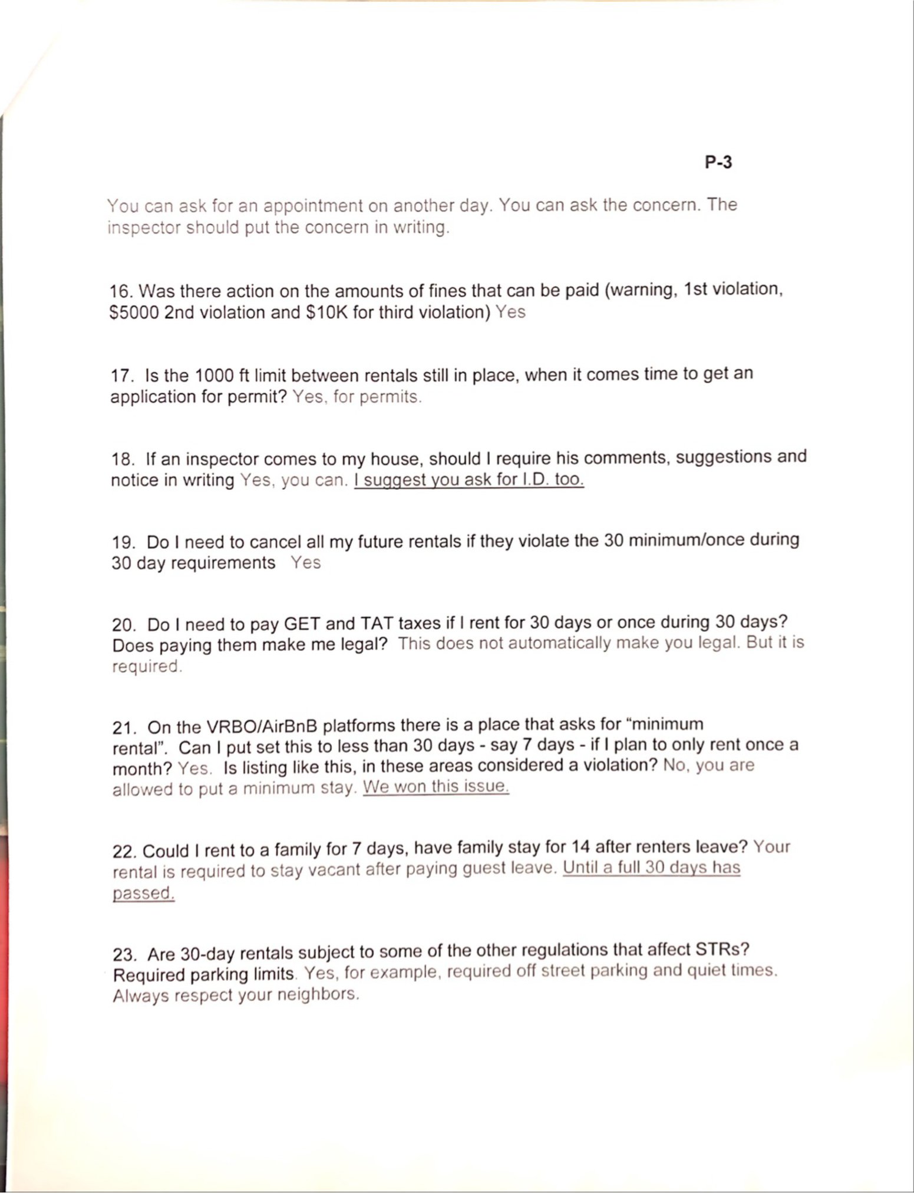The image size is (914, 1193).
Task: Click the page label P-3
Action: click(x=718, y=162)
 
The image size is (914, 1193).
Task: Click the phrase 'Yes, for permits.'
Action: click(x=357, y=397)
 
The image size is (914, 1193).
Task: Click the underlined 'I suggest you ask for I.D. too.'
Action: click(x=468, y=480)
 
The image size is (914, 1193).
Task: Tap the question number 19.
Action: click(x=123, y=542)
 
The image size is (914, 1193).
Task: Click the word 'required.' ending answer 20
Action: click(x=147, y=667)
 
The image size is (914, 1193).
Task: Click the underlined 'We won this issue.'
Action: click(x=435, y=787)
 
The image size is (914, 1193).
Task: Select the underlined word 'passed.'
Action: click(x=144, y=893)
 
